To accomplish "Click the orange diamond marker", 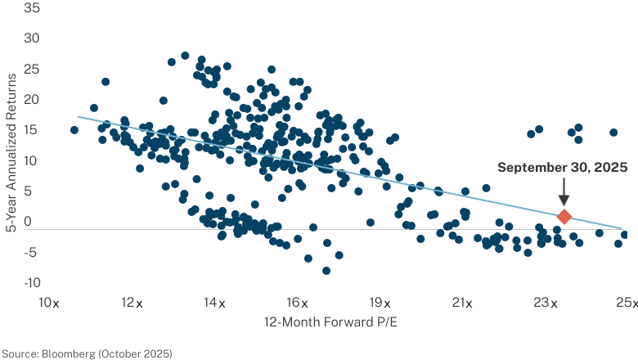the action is point(564,216).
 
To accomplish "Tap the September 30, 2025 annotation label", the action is point(562,167).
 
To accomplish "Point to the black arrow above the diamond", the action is point(564,192).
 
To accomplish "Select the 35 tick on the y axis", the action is point(32,7).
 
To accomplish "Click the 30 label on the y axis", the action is point(32,38).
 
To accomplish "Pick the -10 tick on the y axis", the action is point(32,283).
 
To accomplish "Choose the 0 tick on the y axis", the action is point(28,222).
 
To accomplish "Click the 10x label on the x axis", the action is point(49,303).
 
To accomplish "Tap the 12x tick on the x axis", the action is point(132,303).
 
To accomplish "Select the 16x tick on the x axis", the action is point(297,303).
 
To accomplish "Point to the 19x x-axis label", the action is point(380,303).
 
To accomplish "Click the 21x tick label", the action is point(462,303).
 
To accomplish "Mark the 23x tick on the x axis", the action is point(546,303).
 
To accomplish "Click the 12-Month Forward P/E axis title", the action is point(330,322).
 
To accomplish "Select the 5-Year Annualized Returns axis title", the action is point(11,153).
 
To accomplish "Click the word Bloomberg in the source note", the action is point(69,353).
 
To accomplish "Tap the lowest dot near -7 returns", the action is point(326,271).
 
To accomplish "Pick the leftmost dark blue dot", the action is point(74,130).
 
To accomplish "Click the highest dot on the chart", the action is point(185,56).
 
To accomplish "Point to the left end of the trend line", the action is point(78,117).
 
